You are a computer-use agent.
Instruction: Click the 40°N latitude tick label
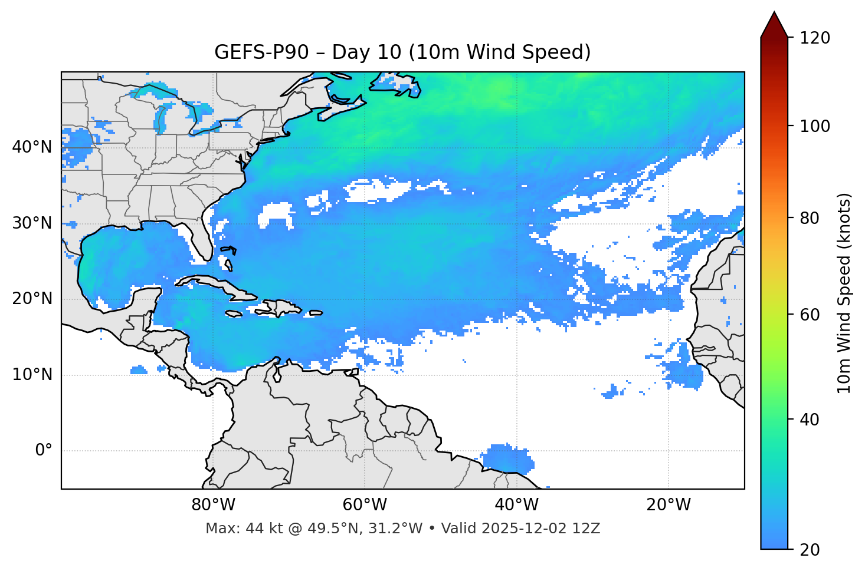(32, 147)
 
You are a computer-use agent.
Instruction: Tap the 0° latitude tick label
(43, 451)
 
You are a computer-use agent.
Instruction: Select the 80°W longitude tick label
(213, 505)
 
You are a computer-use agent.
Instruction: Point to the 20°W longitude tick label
(668, 505)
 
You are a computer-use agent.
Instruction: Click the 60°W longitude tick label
(365, 505)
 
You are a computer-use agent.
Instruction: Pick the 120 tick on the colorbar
(815, 38)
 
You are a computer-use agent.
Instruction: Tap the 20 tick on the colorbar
(810, 550)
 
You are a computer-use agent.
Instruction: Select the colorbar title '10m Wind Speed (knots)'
(844, 293)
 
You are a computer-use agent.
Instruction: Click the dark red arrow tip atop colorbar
(774, 24)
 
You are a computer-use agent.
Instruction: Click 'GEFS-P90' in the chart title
(261, 52)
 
